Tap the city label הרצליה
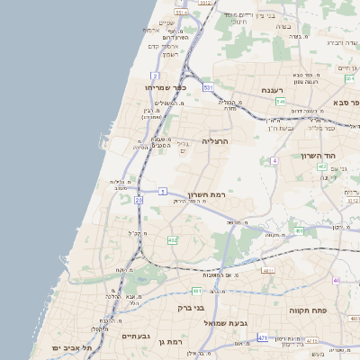pyautogui.click(x=216, y=141)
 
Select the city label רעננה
pyautogui.click(x=273, y=90)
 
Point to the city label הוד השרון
pyautogui.click(x=346, y=155)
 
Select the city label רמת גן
pyautogui.click(x=169, y=341)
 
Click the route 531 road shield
pyautogui.click(x=208, y=87)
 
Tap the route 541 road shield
pyautogui.click(x=281, y=102)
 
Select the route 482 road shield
pyautogui.click(x=172, y=240)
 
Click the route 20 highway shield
pyautogui.click(x=139, y=200)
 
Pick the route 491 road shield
pyautogui.click(x=299, y=230)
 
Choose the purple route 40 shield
pyautogui.click(x=337, y=280)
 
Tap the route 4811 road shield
pyautogui.click(x=267, y=269)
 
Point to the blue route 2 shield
pyautogui.click(x=156, y=76)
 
